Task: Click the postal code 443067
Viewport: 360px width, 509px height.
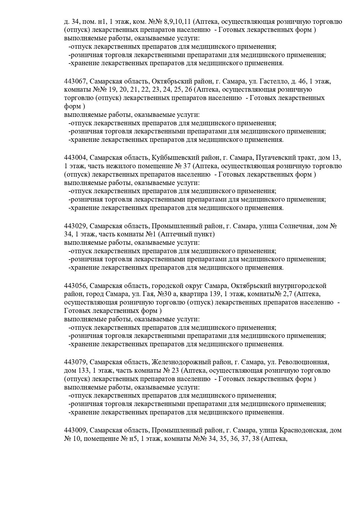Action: point(75,81)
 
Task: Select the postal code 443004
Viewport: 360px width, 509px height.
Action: point(75,158)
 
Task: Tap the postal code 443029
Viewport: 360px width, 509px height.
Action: point(75,226)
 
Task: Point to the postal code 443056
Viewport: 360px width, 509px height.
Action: point(75,286)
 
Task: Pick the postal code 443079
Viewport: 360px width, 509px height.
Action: point(75,362)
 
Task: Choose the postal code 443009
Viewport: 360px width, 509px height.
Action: point(75,430)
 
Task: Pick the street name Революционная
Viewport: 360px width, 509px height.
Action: point(308,362)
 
